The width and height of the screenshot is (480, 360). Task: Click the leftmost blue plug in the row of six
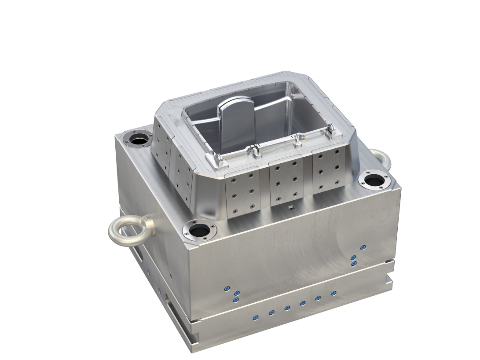pos(256,317)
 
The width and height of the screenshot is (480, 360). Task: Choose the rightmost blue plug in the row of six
pos(333,293)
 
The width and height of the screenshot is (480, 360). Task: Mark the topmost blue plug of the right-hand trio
pos(363,248)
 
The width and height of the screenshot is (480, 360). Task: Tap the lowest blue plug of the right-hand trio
pos(354,264)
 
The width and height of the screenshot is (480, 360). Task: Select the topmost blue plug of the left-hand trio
pos(227,288)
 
